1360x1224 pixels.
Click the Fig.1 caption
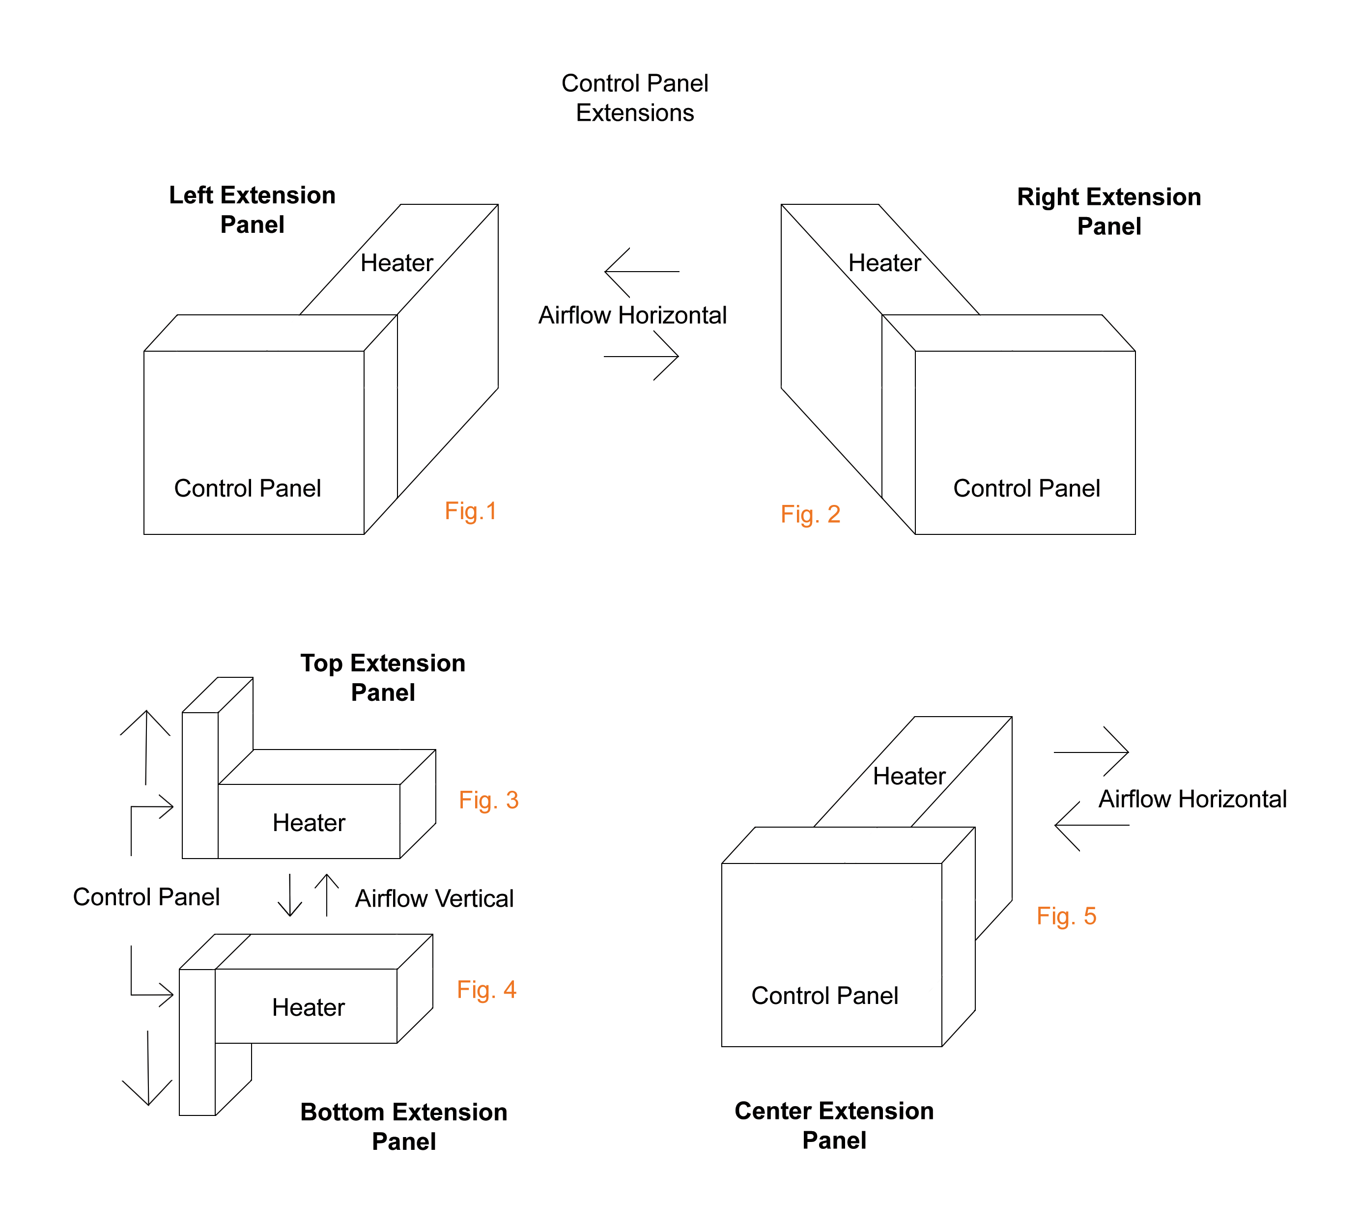470,511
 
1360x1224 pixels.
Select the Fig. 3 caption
488,800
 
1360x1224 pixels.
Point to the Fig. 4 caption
486,990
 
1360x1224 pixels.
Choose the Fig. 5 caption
1066,916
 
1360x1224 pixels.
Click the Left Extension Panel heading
252,210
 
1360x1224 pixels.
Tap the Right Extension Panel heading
1108,212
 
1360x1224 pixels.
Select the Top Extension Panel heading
383,678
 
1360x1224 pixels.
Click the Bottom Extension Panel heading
403,1126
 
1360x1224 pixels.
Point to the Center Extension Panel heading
834,1125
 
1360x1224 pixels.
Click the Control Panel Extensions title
634,98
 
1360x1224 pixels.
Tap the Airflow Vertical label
434,898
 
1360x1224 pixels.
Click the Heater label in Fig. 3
309,823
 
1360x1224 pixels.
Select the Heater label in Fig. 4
308,1007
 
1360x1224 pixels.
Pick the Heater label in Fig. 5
908,777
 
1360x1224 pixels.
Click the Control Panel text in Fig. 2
1026,488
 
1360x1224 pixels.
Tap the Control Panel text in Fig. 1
248,488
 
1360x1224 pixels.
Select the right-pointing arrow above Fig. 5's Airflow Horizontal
1090,752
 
